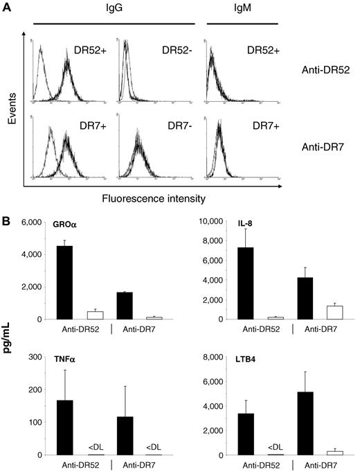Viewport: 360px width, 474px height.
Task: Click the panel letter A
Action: pyautogui.click(x=6, y=6)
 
